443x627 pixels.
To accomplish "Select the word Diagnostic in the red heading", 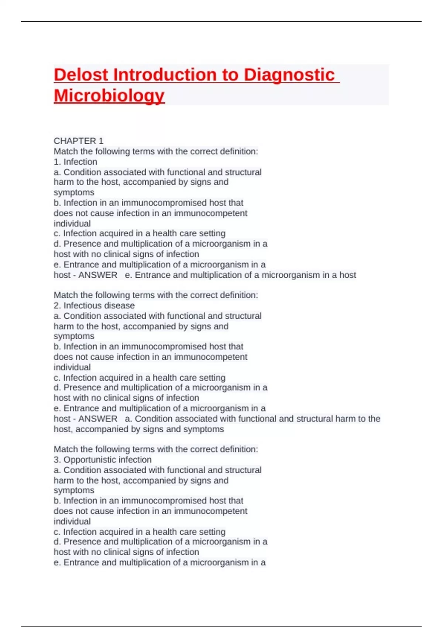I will click(289, 75).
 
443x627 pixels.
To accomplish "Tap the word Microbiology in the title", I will click(109, 96).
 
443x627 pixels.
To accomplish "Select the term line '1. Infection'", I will click(76, 162).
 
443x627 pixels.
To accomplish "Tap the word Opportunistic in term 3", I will click(87, 460).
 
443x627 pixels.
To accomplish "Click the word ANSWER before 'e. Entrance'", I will click(98, 275).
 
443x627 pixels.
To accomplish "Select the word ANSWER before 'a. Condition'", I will click(98, 419).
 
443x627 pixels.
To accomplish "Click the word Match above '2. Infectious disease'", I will click(66, 295).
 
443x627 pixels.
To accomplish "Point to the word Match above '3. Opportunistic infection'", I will click(66, 449).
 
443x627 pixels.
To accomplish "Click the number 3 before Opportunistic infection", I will click(56, 460).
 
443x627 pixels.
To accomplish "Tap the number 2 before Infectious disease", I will click(56, 305).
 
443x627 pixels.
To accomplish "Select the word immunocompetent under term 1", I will click(210, 213).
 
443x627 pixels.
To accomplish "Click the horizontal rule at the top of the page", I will click(221, 21).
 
